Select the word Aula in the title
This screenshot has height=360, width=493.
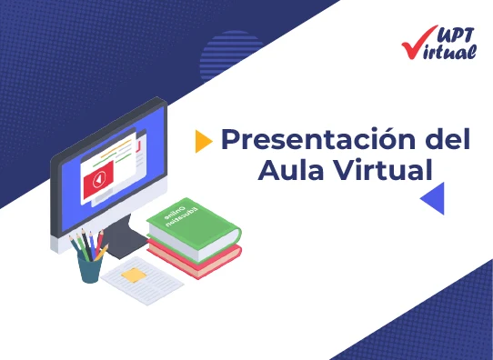288,170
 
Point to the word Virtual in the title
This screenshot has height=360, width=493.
381,170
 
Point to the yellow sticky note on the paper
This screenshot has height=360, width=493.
134,274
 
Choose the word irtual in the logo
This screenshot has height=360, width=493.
452,52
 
